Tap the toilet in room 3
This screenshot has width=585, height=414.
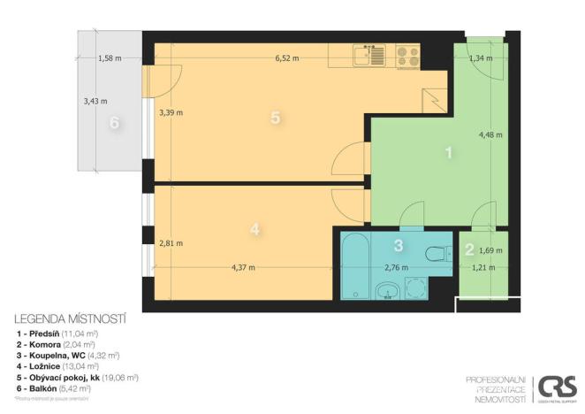pos(436,254)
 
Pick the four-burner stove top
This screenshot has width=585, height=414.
pos(407,57)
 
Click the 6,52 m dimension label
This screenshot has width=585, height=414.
pos(287,58)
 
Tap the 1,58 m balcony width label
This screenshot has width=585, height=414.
pos(110,58)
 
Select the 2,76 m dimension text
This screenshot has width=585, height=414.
pos(395,265)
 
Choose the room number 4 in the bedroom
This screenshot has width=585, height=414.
pos(255,229)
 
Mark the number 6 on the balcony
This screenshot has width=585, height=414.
pos(114,123)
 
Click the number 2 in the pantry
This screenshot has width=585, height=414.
pos(470,249)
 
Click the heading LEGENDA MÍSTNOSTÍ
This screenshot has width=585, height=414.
pos(71,318)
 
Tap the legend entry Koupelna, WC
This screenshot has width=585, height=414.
pos(67,353)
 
